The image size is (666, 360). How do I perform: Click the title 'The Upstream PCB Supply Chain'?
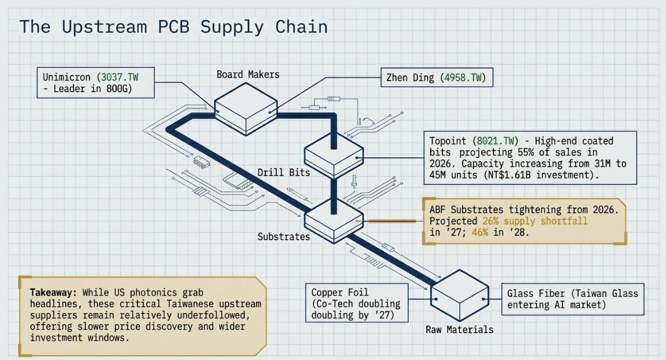173,27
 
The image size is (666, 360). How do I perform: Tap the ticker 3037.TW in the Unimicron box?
120,77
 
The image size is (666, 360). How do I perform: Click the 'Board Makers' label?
248,74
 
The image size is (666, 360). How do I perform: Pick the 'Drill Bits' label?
284,172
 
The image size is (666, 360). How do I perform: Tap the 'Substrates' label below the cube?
284,236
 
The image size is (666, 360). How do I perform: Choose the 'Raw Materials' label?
459,329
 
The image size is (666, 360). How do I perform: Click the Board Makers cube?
246,109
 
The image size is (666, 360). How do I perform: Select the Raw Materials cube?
460,296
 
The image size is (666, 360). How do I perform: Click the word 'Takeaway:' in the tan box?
54,292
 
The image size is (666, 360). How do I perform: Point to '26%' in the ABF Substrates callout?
490,221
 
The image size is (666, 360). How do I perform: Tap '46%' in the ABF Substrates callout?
480,233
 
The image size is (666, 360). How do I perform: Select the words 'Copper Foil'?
340,292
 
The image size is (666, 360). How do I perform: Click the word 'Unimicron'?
67,77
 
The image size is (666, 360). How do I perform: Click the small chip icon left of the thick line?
201,162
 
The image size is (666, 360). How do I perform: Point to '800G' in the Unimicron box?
117,88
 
